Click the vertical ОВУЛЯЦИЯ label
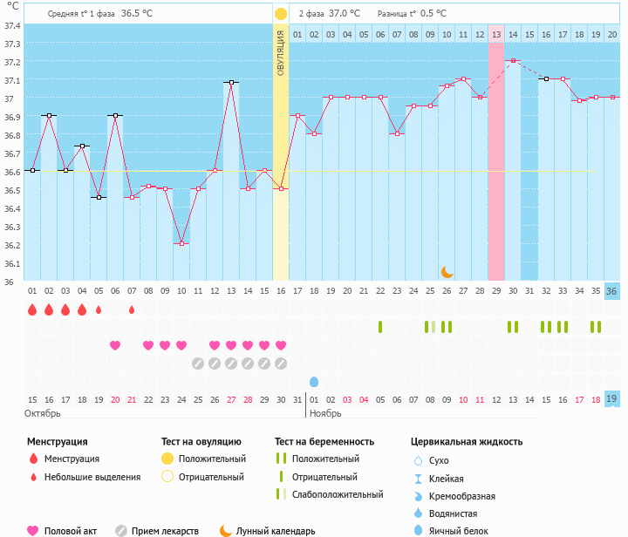pyautogui.click(x=281, y=52)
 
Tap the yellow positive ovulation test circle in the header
pyautogui.click(x=281, y=14)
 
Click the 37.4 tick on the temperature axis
pyautogui.click(x=12, y=25)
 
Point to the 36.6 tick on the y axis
pyautogui.click(x=12, y=172)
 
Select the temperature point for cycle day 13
pyautogui.click(x=231, y=82)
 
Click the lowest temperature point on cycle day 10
pyautogui.click(x=181, y=243)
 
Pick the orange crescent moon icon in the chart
pyautogui.click(x=447, y=272)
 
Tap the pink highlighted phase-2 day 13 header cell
pyautogui.click(x=496, y=34)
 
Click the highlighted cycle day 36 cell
pyautogui.click(x=612, y=291)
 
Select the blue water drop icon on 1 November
pyautogui.click(x=314, y=382)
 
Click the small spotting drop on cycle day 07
pyautogui.click(x=132, y=309)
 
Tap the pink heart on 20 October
pyautogui.click(x=115, y=345)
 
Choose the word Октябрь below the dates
pyautogui.click(x=43, y=412)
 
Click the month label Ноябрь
pyautogui.click(x=325, y=412)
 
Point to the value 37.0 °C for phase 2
pyautogui.click(x=344, y=14)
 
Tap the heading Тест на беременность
pyautogui.click(x=324, y=442)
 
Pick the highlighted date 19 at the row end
pyautogui.click(x=612, y=398)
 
